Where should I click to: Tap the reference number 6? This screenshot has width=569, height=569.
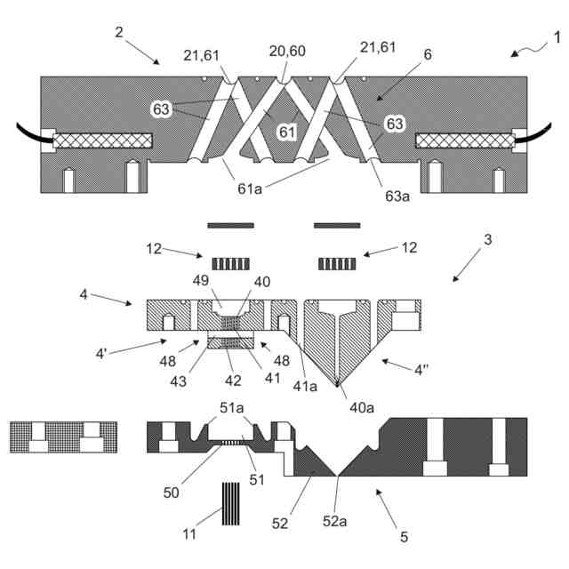click(x=428, y=54)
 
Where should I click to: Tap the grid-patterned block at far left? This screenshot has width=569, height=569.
click(x=63, y=437)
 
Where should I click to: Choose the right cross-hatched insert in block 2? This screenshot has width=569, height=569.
click(x=462, y=140)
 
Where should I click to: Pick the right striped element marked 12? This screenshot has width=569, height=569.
click(x=336, y=263)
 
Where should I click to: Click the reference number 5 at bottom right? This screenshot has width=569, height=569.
click(x=405, y=537)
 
